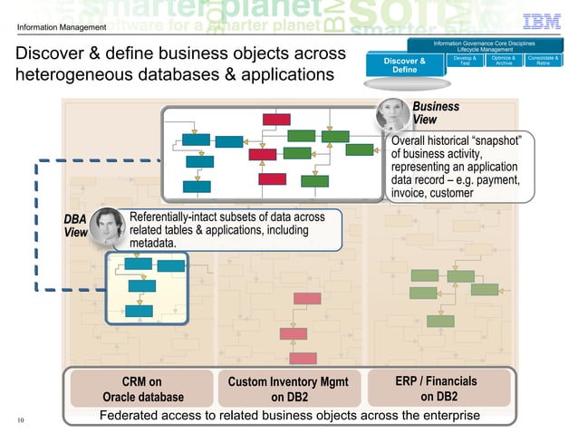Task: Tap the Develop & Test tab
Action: point(465,61)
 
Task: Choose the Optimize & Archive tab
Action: point(504,61)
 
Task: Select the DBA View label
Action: point(75,226)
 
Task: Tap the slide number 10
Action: point(21,419)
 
